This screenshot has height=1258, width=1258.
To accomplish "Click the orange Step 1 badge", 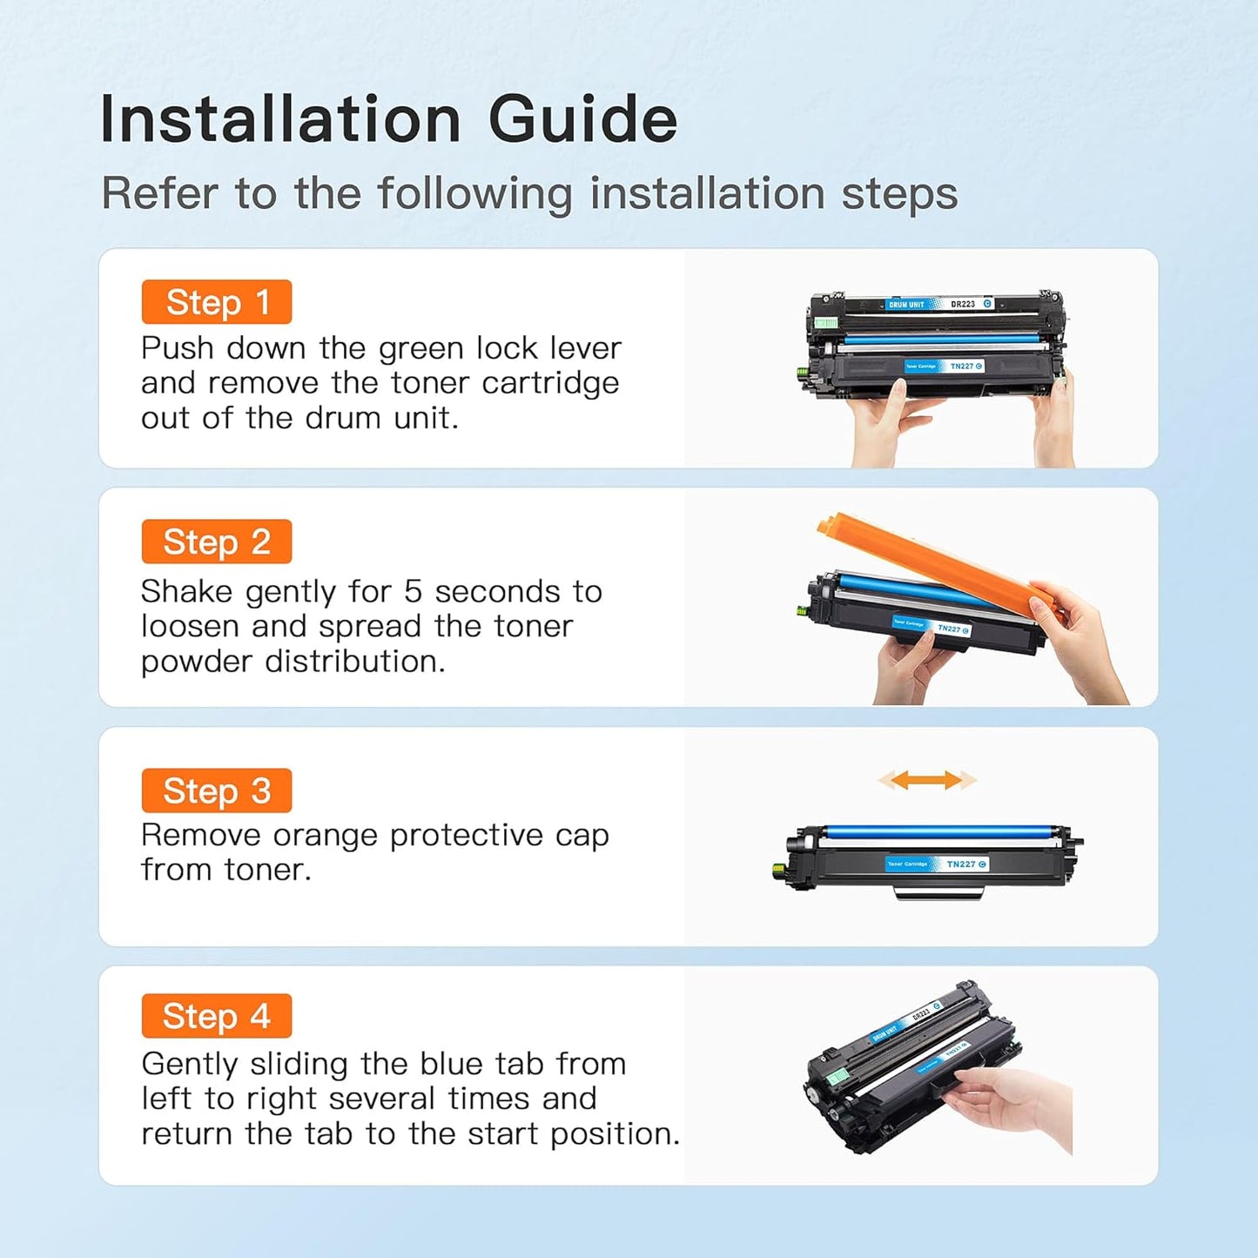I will (216, 302).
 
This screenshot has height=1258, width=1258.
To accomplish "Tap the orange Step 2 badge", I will (216, 542).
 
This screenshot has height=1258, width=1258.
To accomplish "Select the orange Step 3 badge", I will (216, 790).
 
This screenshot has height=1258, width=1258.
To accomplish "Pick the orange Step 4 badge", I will (216, 1016).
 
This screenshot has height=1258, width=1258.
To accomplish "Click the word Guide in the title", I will (582, 119).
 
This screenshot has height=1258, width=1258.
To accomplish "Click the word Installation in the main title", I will (280, 119).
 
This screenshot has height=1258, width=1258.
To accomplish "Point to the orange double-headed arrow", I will (926, 780).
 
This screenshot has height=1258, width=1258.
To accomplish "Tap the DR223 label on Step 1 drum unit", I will (963, 304).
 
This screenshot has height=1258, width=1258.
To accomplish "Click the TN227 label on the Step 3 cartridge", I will (961, 864).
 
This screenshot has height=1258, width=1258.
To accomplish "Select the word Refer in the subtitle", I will (159, 193).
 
